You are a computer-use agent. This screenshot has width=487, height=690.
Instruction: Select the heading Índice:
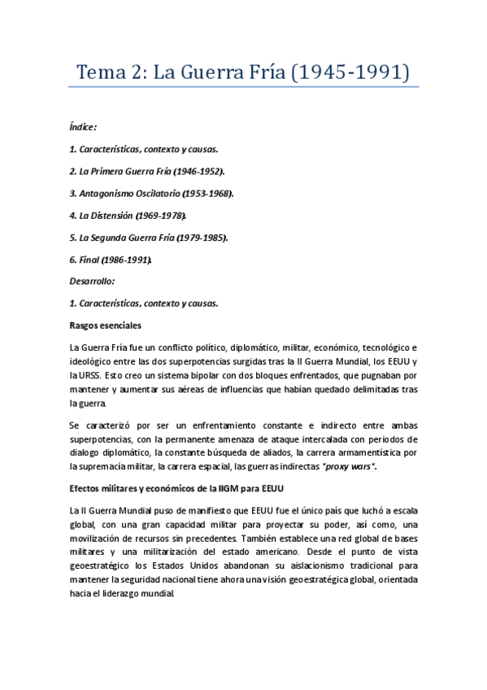coord(84,127)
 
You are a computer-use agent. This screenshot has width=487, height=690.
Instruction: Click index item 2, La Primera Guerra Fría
coord(147,172)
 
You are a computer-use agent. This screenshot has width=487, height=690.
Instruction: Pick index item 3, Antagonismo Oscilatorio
coord(151,194)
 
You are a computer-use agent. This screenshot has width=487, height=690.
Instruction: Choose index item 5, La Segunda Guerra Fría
coord(148,238)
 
